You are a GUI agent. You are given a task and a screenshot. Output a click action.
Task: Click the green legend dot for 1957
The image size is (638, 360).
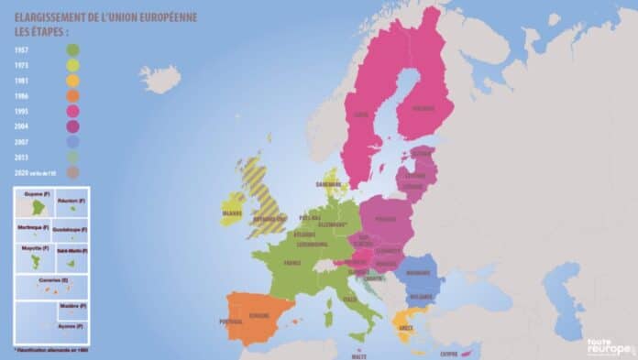72,49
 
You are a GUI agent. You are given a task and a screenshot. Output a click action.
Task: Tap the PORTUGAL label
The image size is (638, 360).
232,322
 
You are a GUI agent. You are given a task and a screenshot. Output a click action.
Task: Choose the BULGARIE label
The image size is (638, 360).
420,297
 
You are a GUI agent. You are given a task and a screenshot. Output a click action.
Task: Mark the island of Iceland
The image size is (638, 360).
160,79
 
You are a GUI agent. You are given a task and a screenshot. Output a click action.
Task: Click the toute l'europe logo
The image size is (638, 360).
610,346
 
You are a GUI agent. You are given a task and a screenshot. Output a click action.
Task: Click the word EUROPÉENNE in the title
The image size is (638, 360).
165,16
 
